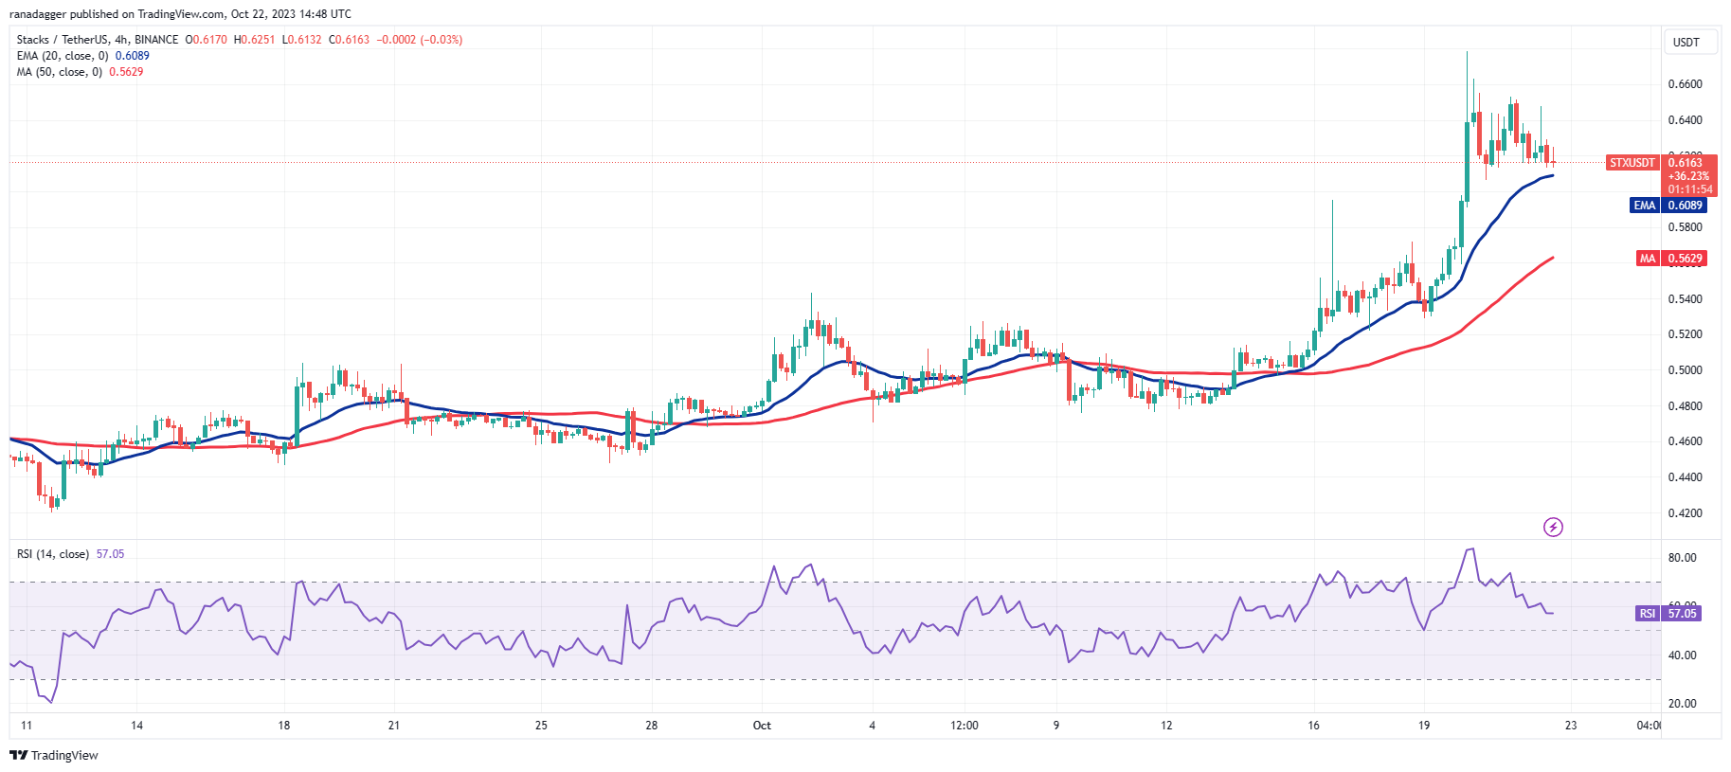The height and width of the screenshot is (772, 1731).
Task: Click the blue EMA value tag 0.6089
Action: coord(1685,206)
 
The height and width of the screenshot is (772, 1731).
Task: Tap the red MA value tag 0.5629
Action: coord(1685,259)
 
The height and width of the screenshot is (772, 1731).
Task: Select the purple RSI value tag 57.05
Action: coord(1682,614)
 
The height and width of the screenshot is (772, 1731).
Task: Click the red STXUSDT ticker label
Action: coord(1632,163)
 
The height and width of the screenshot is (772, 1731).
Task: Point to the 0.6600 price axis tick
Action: coord(1685,84)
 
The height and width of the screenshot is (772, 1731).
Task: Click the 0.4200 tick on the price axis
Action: coord(1685,513)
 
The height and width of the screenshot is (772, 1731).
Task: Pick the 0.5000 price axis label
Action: coord(1685,370)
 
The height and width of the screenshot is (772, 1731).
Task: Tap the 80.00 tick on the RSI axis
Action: coord(1682,558)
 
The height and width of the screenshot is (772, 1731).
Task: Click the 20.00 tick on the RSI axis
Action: coord(1682,704)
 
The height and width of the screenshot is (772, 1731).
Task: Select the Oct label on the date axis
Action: coord(762,726)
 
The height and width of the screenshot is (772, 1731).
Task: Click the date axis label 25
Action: coord(541,726)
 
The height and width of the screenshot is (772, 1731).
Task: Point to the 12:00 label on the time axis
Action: coord(965,726)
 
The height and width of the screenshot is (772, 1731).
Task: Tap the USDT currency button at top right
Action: coord(1686,43)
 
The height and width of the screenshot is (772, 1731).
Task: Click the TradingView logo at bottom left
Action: coord(54,755)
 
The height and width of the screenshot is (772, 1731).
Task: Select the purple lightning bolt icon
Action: coord(1553,527)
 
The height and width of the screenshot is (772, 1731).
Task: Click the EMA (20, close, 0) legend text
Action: coord(63,56)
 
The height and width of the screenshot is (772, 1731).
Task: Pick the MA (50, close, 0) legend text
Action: coord(60,72)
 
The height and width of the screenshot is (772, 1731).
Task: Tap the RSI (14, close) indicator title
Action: coord(53,554)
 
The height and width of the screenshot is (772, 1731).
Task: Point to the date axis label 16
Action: coord(1313,726)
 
